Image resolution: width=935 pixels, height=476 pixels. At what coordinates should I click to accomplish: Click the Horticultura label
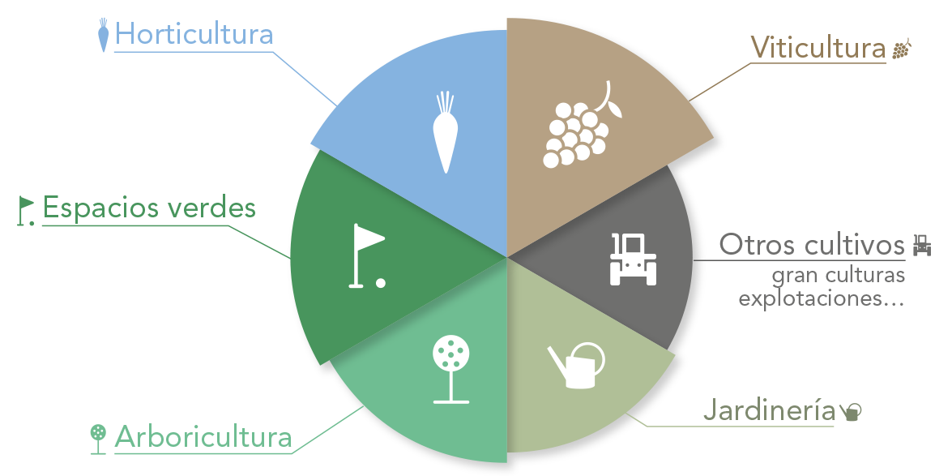[x=194, y=33]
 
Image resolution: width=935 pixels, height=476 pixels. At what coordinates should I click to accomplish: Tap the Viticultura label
[x=818, y=48]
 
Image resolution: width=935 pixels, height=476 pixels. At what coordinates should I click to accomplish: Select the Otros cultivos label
[x=812, y=245]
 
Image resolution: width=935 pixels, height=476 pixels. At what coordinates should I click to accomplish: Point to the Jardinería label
[x=769, y=410]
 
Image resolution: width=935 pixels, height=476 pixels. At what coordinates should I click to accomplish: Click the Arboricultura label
[x=203, y=436]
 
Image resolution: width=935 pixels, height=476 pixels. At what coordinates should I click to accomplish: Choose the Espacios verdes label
[x=149, y=208]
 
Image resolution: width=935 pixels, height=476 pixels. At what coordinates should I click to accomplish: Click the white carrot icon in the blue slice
[x=445, y=132]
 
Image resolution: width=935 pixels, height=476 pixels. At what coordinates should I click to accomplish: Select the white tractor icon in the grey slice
[x=634, y=259]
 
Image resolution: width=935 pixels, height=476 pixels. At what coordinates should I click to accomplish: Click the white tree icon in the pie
[x=450, y=369]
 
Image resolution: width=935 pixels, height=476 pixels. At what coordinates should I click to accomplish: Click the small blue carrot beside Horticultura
[x=103, y=35]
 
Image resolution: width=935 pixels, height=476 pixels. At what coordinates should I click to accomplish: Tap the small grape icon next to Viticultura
[x=902, y=49]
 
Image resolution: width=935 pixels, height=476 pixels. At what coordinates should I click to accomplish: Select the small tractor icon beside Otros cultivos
[x=922, y=245]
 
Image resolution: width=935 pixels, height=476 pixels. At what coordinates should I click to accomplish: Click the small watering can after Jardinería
[x=851, y=412]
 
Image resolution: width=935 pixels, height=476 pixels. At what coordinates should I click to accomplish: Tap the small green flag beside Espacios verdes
[x=25, y=211]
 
